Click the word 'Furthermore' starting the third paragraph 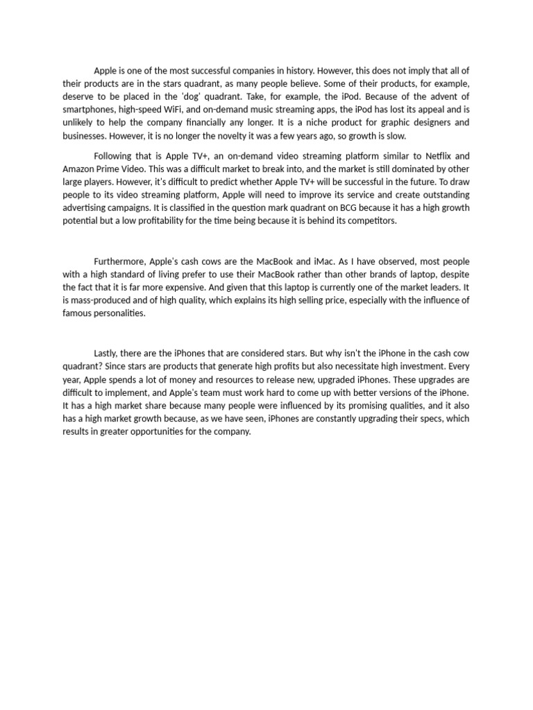point(120,261)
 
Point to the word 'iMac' point(316,261)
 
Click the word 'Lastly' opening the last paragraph point(108,353)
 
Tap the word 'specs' point(430,419)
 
